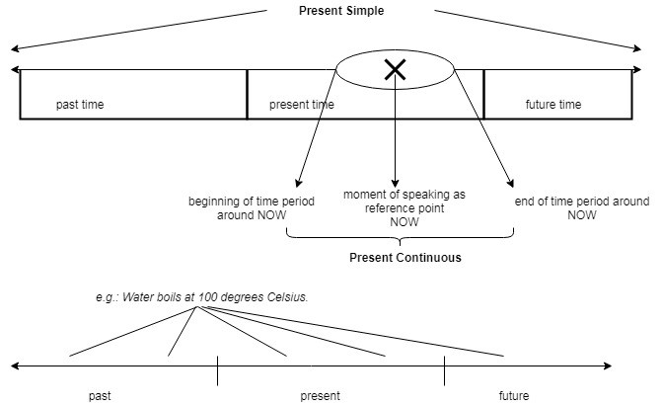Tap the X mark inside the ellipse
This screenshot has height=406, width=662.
396,69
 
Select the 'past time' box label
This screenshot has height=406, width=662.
80,105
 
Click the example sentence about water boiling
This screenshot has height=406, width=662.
196,296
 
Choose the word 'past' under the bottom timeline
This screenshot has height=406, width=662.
100,396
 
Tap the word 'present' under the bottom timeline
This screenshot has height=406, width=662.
320,396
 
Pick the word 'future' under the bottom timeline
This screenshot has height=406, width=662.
513,396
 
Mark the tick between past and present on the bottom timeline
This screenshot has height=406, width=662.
217,370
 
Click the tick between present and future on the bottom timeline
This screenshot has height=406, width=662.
444,370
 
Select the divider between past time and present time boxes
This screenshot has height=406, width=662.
247,95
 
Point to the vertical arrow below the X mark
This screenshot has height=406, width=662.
395,138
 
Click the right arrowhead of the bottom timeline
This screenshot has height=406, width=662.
632,367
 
